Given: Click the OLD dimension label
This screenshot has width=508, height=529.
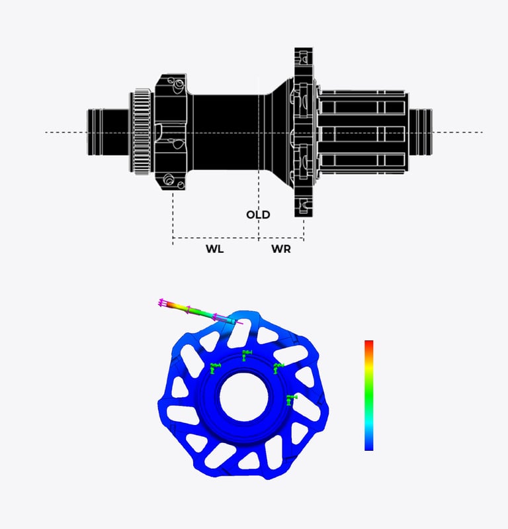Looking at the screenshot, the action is [x=258, y=215].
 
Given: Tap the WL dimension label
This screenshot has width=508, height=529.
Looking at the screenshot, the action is [x=215, y=249].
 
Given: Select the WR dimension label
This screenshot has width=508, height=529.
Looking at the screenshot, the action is [x=281, y=249].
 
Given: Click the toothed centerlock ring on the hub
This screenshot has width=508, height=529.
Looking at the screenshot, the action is [x=142, y=132].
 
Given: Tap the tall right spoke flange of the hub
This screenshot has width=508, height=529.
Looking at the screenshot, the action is [x=304, y=132].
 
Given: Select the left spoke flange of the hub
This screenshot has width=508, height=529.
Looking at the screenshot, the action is [x=171, y=132].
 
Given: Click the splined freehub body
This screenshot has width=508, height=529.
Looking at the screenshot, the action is [x=362, y=132].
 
